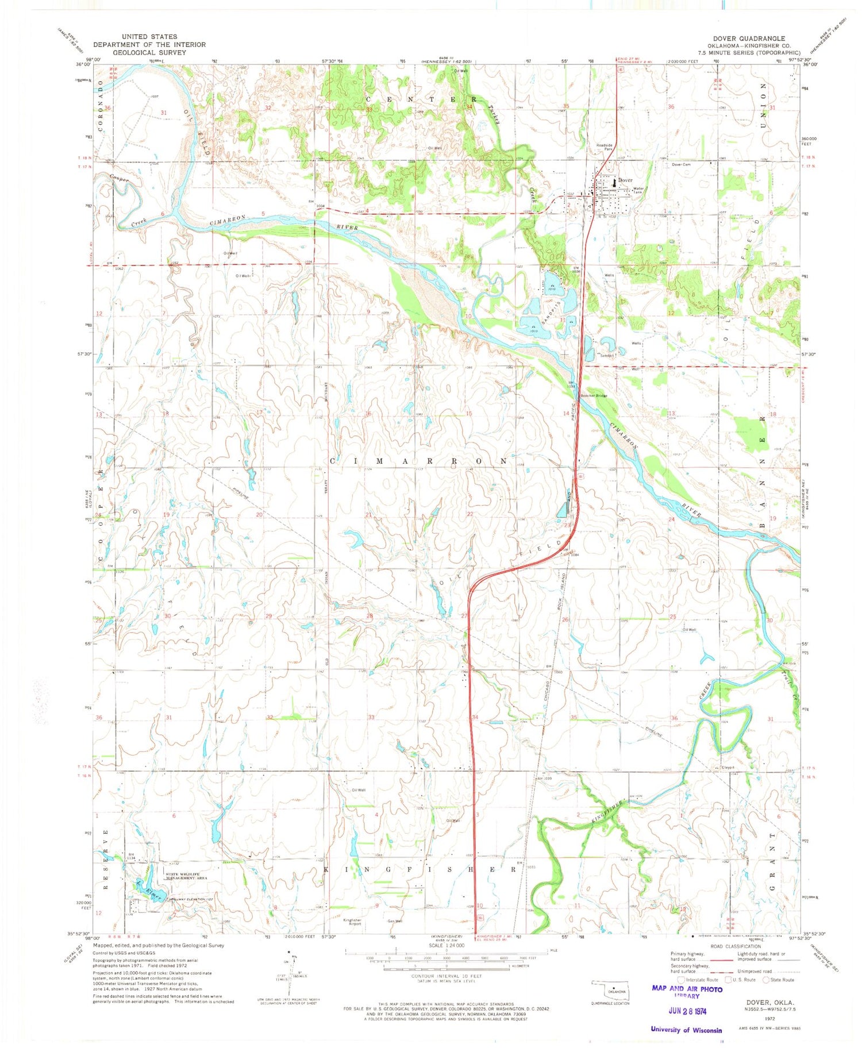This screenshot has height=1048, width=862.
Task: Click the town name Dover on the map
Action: point(625,180)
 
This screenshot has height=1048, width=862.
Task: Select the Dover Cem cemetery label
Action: point(681,164)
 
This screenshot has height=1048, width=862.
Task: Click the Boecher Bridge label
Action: point(593,396)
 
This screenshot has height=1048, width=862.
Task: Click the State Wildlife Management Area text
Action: point(186,877)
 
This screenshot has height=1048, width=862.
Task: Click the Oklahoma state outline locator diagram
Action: point(613,991)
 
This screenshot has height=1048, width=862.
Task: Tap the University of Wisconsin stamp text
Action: point(686,1030)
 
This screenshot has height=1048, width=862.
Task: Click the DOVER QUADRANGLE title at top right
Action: point(749,38)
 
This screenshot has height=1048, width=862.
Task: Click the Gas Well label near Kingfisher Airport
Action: point(395,921)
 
